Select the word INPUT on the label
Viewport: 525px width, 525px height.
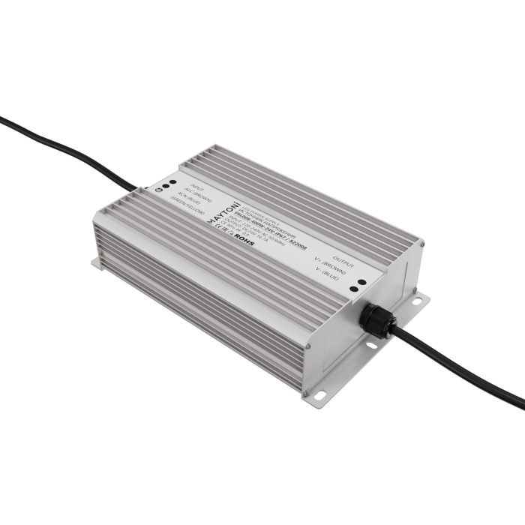(x=196, y=187)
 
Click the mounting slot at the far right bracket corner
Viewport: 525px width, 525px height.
(x=417, y=301)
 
